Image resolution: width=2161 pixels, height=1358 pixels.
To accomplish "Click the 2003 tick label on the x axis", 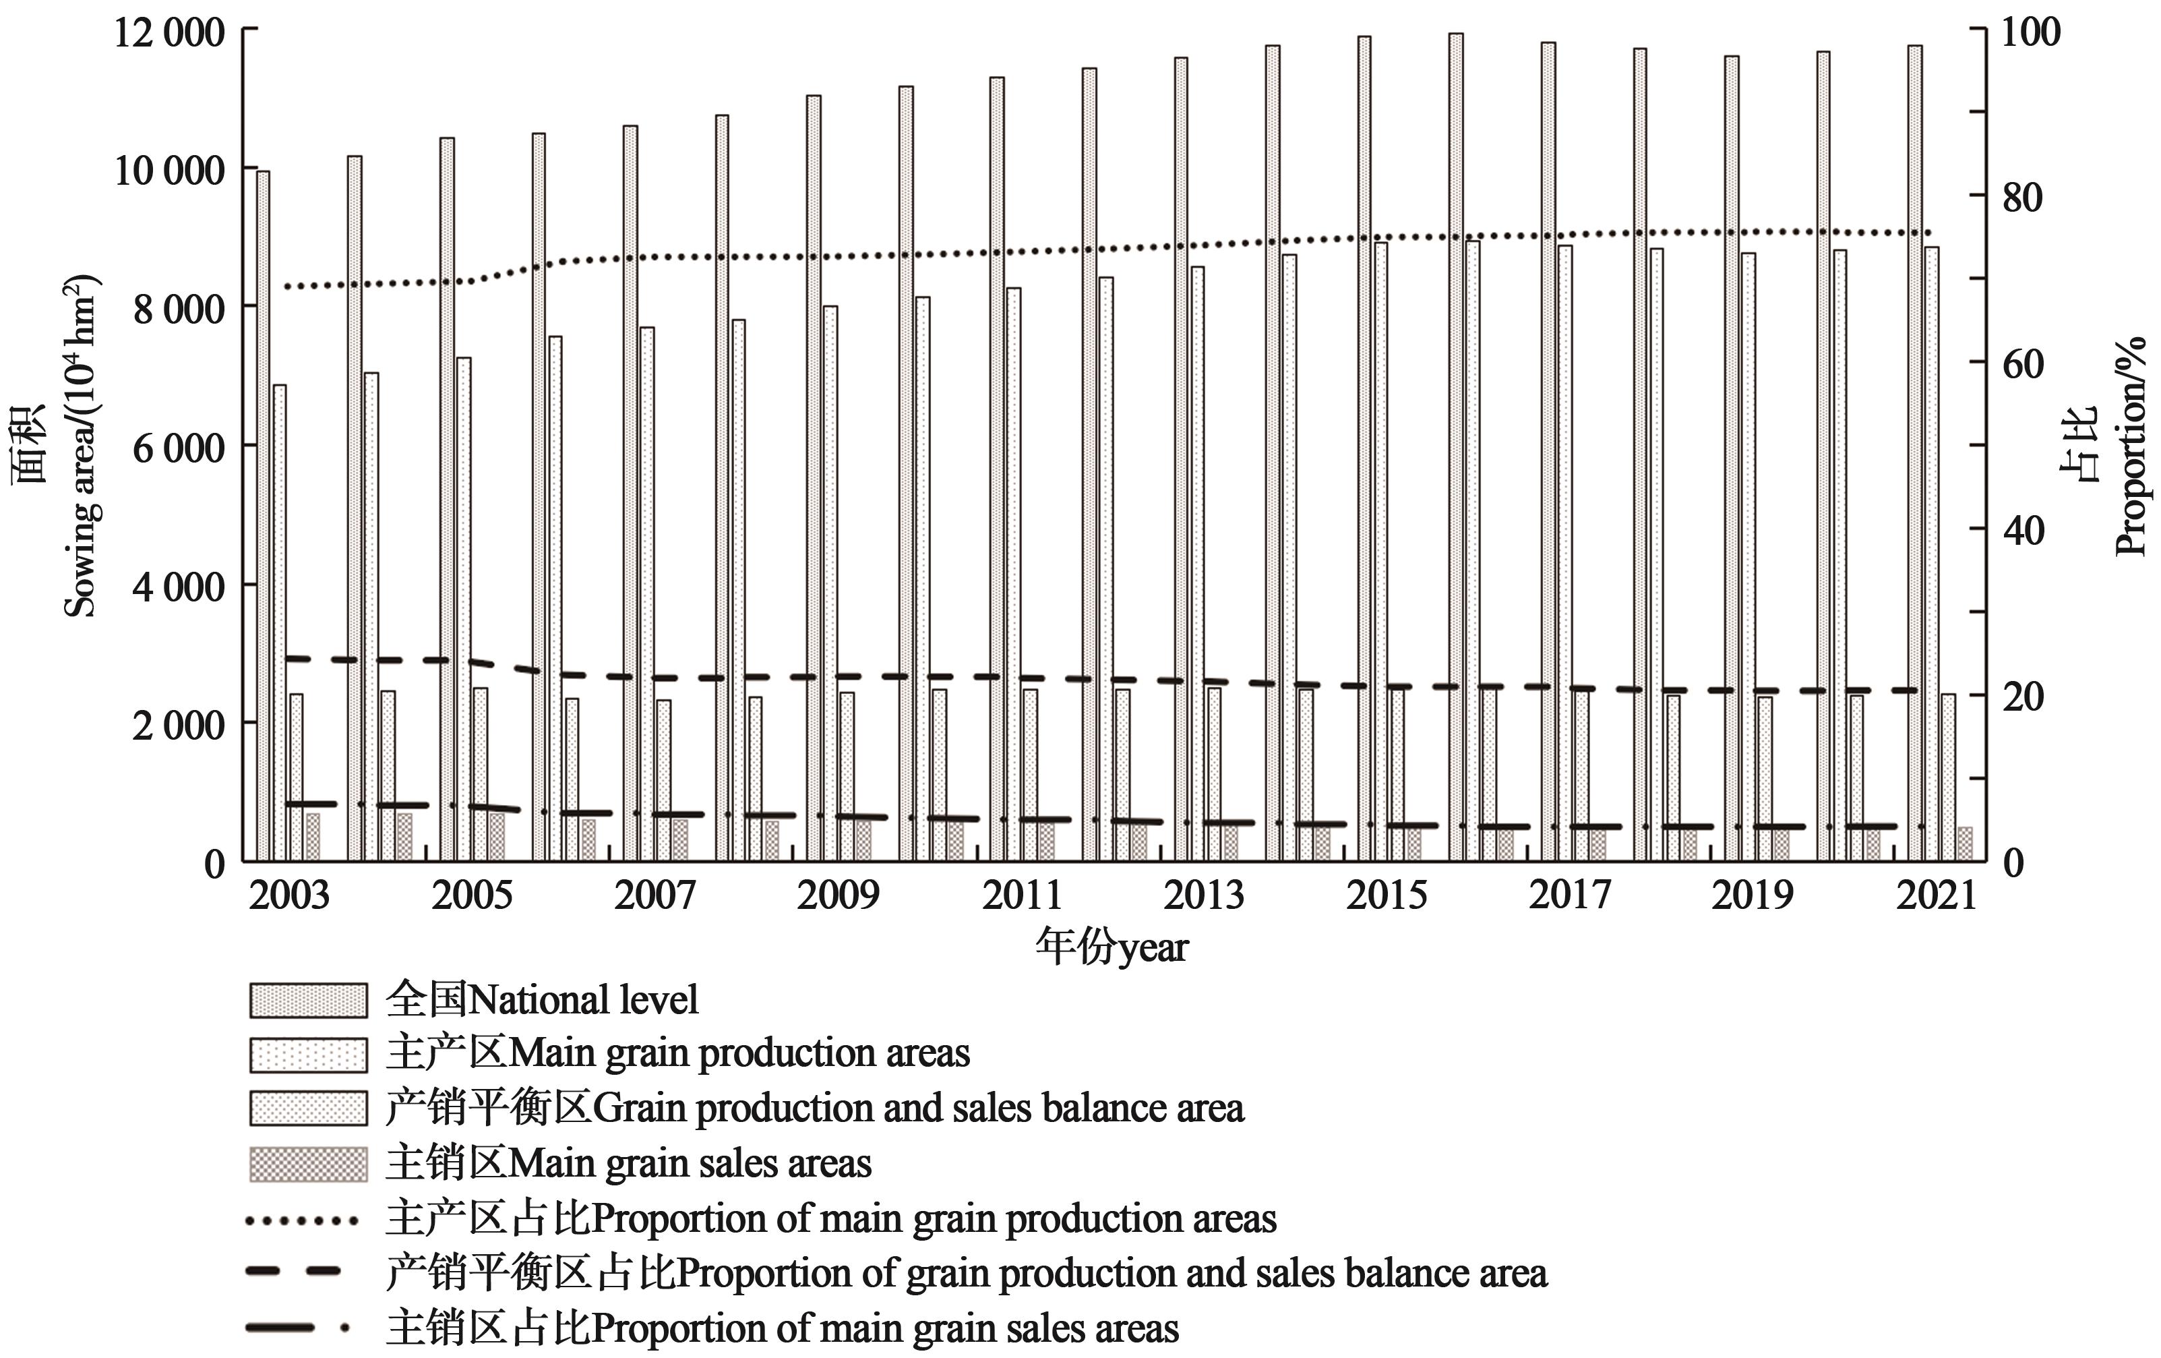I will pos(289,895).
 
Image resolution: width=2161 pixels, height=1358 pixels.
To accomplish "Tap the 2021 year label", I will pos(1937,895).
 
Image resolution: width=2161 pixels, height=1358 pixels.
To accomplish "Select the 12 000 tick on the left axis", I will pos(169,33).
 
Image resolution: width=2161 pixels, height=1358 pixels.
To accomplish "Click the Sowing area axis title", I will pos(81,446).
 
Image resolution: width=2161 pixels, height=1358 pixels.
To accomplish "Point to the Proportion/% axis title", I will pos(2129,446).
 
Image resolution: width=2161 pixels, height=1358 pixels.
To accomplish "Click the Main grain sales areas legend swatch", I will pos(308,1164).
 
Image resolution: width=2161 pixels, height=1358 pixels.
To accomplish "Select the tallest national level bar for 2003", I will pos(263,516).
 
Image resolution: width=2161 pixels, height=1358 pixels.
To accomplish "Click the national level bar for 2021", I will pos(1914,453).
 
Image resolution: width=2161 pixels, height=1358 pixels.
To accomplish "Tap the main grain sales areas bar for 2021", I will pos(1964,844).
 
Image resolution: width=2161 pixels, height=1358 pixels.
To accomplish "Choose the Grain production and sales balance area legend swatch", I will pos(308,1109).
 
